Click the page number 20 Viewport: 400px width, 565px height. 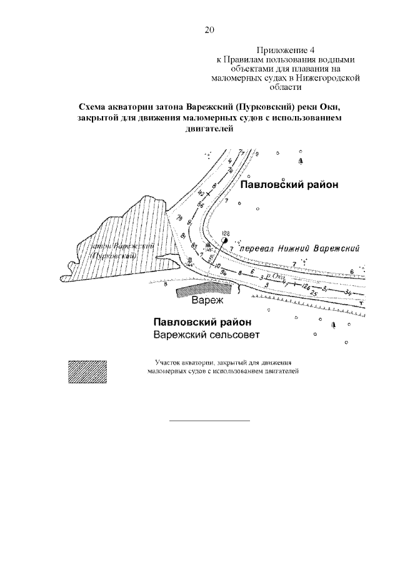click(209, 29)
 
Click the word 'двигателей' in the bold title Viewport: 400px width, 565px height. click(209, 129)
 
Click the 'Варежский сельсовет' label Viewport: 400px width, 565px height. click(206, 335)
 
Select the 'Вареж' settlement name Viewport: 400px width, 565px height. click(206, 301)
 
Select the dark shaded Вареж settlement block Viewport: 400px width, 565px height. click(203, 288)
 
